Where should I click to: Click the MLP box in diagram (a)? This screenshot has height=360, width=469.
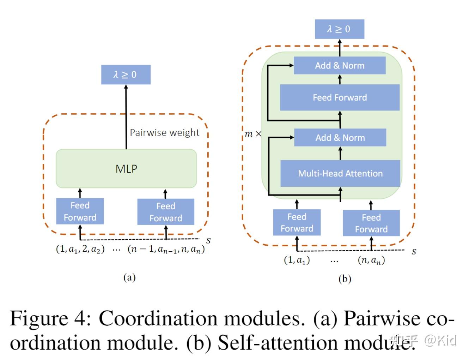click(126, 169)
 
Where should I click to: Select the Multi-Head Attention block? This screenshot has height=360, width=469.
click(340, 173)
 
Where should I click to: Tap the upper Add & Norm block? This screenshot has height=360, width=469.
click(340, 66)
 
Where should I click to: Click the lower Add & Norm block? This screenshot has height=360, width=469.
click(340, 138)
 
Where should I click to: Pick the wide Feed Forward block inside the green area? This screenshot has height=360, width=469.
click(340, 97)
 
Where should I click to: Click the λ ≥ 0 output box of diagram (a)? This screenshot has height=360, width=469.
click(126, 74)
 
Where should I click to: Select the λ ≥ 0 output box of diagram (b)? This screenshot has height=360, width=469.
click(339, 29)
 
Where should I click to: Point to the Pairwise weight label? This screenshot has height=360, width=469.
click(164, 133)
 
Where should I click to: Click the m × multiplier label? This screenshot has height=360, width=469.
click(253, 134)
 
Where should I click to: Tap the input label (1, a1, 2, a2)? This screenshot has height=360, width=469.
click(80, 249)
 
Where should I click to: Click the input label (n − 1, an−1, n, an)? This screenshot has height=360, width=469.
click(166, 249)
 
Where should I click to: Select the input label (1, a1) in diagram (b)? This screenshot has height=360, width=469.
click(297, 260)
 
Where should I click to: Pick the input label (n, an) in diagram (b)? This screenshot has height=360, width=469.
click(371, 260)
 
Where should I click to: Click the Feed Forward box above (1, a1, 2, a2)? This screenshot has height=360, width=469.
click(80, 211)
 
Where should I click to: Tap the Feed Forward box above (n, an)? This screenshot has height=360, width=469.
click(371, 223)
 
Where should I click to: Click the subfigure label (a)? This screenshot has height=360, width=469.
click(129, 277)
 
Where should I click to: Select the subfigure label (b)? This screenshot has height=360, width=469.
click(345, 279)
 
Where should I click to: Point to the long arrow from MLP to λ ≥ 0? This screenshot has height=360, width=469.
click(126, 116)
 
